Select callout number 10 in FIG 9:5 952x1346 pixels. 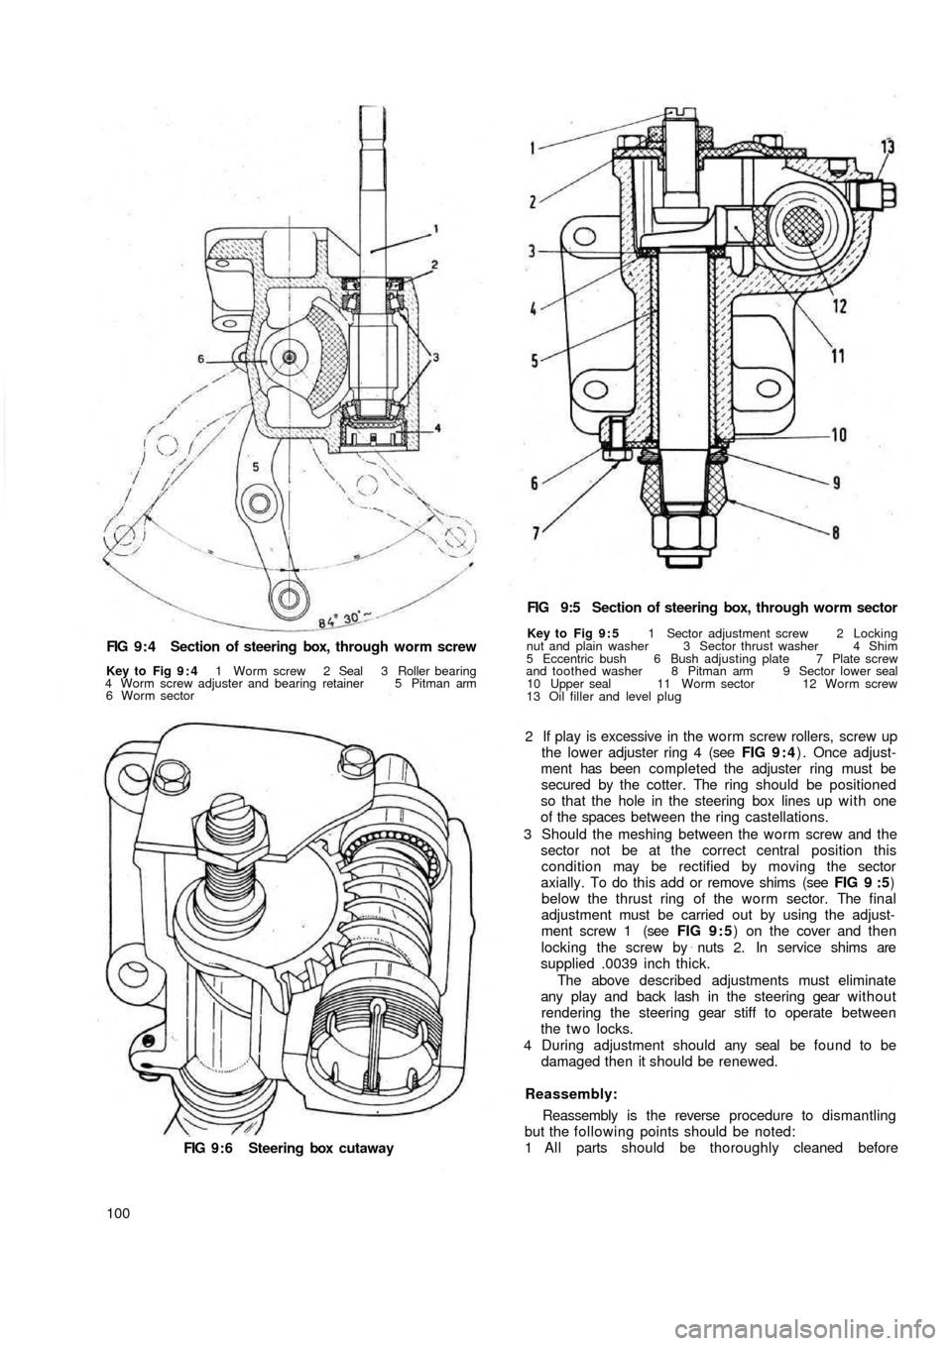(x=835, y=434)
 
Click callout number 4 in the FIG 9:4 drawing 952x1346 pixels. (x=437, y=428)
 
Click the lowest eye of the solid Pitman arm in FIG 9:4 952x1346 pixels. (x=287, y=596)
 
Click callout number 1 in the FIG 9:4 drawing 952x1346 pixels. (x=435, y=228)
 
